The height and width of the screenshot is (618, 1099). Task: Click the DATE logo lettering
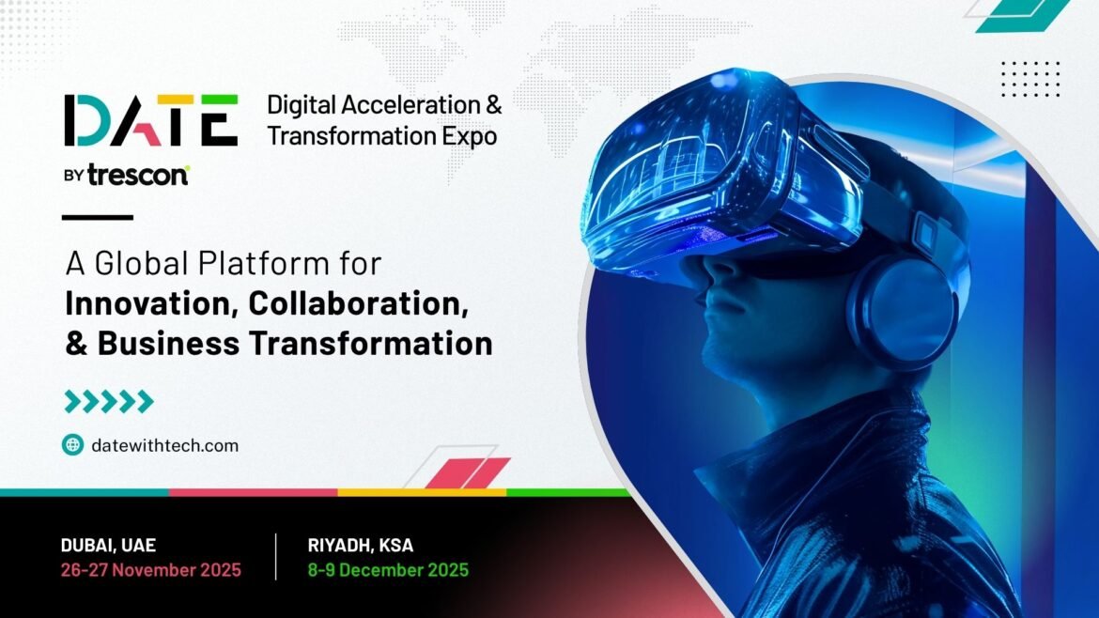(x=150, y=120)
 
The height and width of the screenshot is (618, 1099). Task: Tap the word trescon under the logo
(x=138, y=176)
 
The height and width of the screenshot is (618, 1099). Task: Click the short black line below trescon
(x=98, y=217)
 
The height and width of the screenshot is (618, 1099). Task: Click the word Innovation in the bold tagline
(x=152, y=304)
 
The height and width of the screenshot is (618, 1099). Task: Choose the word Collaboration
(x=358, y=304)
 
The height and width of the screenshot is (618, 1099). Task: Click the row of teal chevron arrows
(x=109, y=401)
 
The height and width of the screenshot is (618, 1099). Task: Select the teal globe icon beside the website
(x=73, y=445)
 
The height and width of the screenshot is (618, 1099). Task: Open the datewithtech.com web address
(x=164, y=445)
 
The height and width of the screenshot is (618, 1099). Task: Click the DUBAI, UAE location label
(x=108, y=545)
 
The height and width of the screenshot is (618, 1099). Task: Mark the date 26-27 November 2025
(x=150, y=570)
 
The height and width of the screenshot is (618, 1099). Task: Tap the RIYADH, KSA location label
(x=361, y=545)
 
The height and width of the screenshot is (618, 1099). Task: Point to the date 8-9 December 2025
(x=388, y=570)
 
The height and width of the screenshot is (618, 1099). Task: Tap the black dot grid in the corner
(x=1030, y=79)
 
